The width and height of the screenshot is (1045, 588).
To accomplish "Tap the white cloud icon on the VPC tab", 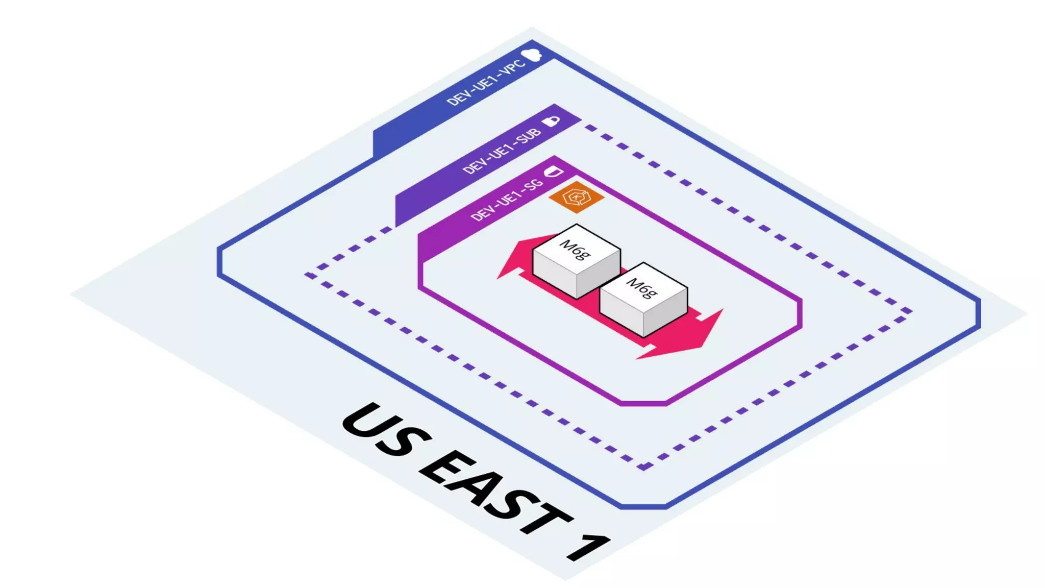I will pyautogui.click(x=532, y=54).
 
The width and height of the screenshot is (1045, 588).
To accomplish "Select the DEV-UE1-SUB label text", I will pyautogui.click(x=502, y=151).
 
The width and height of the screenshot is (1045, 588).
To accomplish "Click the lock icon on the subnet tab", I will pyautogui.click(x=551, y=121).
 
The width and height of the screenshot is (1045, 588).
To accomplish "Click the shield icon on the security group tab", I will pyautogui.click(x=554, y=171).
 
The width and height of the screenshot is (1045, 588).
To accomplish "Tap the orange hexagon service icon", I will pyautogui.click(x=576, y=197).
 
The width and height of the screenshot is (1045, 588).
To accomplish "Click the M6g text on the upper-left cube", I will pyautogui.click(x=575, y=249).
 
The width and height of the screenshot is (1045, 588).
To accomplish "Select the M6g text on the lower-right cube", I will pyautogui.click(x=642, y=288).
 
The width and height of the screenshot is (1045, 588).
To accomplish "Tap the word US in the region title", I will pyautogui.click(x=385, y=429).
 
